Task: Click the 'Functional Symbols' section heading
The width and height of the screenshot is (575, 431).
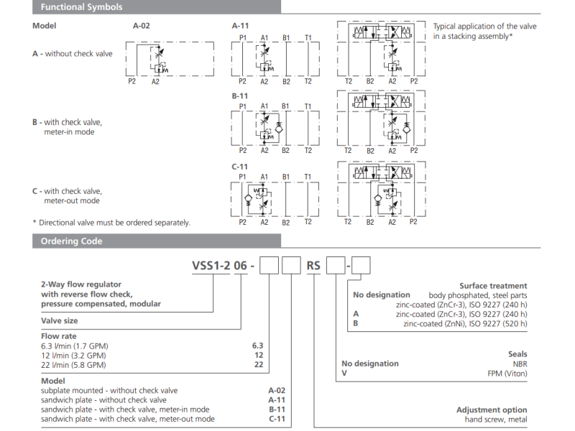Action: point(81,7)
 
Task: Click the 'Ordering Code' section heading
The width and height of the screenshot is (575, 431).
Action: point(71,241)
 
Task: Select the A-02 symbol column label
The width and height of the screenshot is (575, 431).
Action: point(142,25)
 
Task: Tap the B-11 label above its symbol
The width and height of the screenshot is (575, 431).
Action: point(240,95)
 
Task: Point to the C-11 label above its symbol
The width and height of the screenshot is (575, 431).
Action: point(240,166)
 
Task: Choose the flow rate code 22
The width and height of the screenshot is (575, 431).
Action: point(258,365)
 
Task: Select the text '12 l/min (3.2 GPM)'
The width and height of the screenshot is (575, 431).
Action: point(74,356)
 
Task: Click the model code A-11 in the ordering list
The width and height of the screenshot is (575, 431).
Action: point(277,400)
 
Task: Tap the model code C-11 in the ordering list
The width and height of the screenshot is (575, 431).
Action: point(277,419)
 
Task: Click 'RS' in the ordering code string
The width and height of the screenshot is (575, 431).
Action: point(314,266)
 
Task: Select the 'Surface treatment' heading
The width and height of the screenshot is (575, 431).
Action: point(493,286)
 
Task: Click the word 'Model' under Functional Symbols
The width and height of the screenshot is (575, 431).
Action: point(45,25)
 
